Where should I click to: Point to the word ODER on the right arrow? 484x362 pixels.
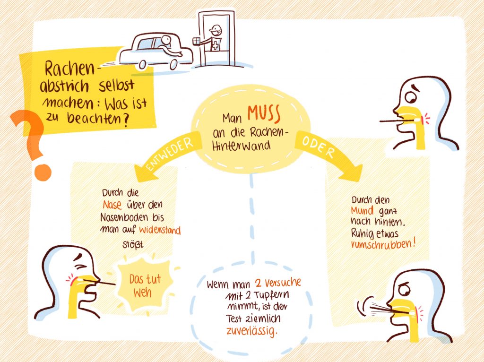318,147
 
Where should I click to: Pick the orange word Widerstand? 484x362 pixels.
161,230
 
